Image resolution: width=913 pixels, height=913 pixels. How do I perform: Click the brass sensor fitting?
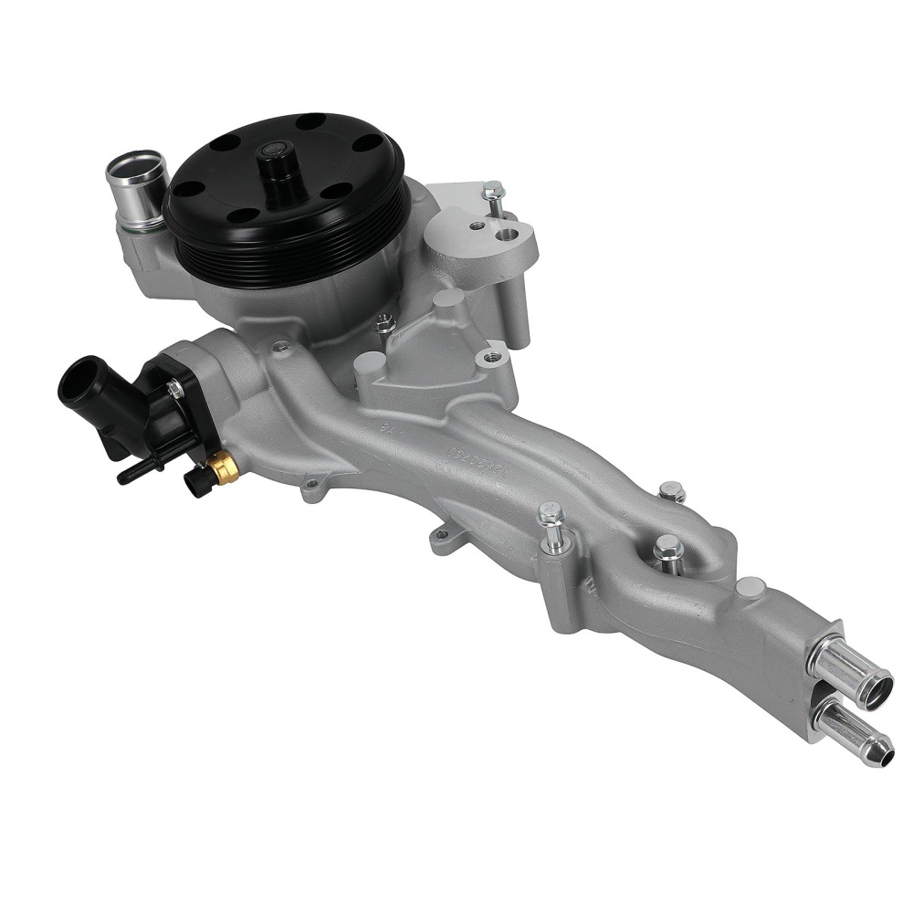[223, 469]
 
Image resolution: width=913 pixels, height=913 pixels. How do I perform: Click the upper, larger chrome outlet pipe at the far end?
[855, 677]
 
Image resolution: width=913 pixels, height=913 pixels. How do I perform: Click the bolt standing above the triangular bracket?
[494, 197]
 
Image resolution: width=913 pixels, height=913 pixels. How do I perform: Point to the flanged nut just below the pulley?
[385, 322]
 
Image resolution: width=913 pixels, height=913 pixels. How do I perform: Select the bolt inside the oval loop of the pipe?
[667, 551]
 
